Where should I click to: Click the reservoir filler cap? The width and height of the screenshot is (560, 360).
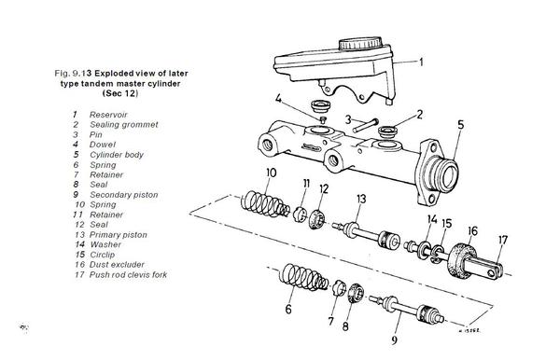click(360, 43)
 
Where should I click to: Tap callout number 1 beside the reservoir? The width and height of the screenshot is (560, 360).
click(422, 62)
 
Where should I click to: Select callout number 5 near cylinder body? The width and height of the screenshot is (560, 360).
click(461, 125)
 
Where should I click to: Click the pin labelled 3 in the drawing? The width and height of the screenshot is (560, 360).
click(365, 126)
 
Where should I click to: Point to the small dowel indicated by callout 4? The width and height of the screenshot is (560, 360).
click(324, 119)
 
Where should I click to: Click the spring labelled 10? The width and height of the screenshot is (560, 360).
click(265, 204)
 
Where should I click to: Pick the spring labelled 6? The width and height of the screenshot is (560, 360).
click(304, 277)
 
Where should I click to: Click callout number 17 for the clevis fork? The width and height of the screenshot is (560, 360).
click(503, 240)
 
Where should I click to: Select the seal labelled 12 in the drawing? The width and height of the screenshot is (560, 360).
click(316, 220)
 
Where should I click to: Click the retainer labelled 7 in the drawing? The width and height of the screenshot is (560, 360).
click(340, 288)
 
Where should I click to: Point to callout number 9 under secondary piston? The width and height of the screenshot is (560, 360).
click(394, 340)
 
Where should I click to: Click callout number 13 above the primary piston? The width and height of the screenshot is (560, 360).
click(361, 199)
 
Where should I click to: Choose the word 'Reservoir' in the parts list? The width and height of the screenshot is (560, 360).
click(108, 115)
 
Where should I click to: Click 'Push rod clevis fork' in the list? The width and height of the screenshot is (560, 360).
click(128, 275)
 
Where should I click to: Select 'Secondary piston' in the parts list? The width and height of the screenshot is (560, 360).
click(124, 195)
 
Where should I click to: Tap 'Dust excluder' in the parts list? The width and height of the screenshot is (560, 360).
click(117, 265)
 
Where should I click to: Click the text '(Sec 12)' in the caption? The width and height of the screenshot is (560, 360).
click(120, 93)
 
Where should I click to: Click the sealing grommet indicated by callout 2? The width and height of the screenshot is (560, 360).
click(388, 132)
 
